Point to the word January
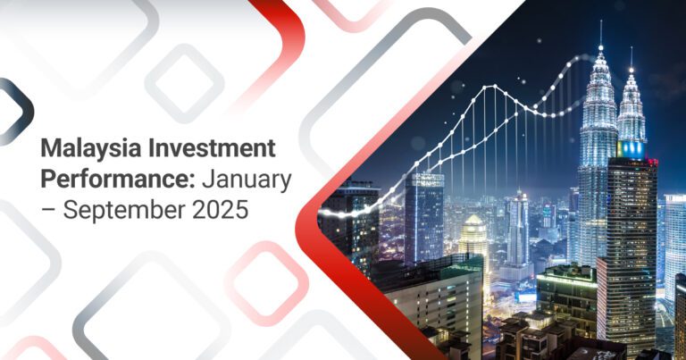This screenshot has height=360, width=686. pyautogui.click(x=246, y=180)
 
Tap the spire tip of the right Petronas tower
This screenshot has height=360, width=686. pyautogui.click(x=631, y=49)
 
